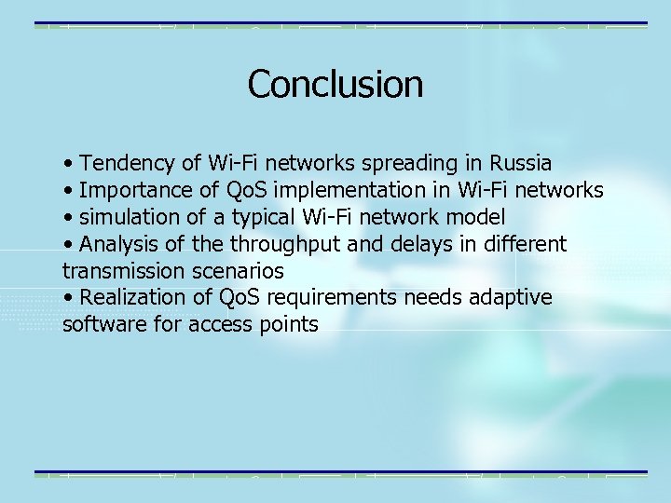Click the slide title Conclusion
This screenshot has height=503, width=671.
(335, 84)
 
